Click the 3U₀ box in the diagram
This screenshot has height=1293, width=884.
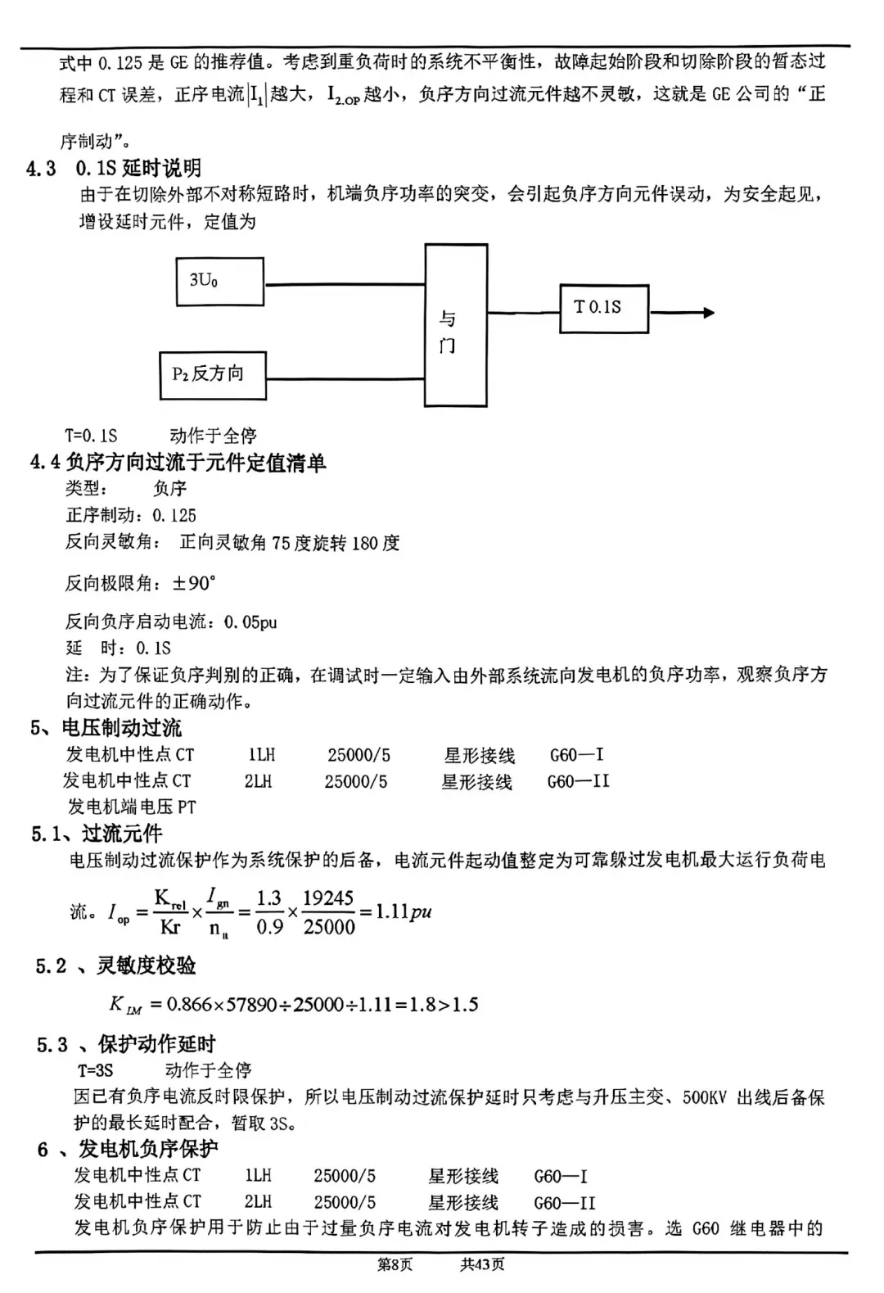(219, 282)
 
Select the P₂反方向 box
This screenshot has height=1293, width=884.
(212, 375)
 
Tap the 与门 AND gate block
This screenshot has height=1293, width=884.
(456, 325)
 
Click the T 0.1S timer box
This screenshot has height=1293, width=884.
(604, 309)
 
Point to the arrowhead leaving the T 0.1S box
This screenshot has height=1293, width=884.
(708, 312)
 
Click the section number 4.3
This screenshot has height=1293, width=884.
(41, 169)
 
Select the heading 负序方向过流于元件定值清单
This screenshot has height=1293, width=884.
(196, 463)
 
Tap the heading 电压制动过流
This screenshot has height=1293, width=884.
(122, 728)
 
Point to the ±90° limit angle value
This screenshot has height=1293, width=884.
(194, 584)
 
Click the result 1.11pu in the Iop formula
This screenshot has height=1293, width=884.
(403, 912)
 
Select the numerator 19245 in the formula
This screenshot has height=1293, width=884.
(328, 898)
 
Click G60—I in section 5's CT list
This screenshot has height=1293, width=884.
(577, 755)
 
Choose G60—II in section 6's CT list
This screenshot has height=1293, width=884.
(565, 1203)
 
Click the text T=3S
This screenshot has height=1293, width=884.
(96, 1070)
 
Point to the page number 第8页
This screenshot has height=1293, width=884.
(395, 1265)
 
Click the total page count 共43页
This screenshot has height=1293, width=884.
(482, 1265)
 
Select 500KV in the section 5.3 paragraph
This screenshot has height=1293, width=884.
(705, 1097)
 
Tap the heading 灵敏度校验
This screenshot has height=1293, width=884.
(147, 966)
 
